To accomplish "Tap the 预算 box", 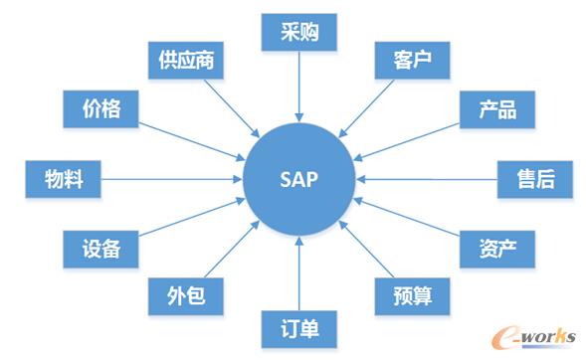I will (410, 295).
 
